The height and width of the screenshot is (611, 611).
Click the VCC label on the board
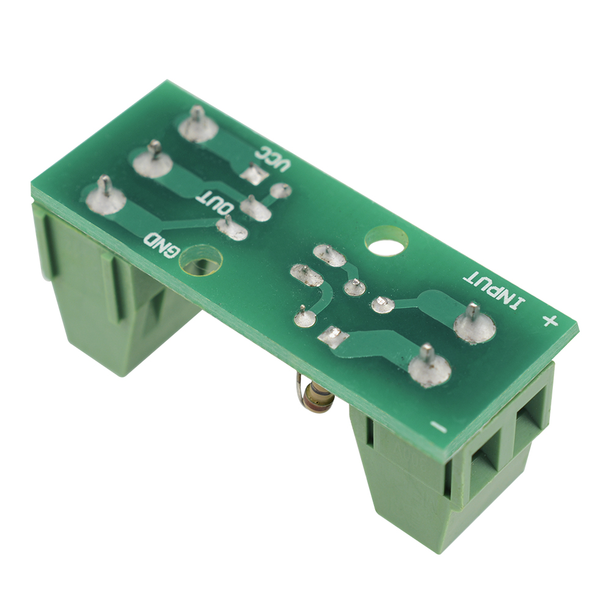(x=273, y=159)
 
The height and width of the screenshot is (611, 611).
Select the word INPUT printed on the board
(x=494, y=290)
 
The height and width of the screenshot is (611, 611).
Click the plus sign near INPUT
(x=551, y=322)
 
